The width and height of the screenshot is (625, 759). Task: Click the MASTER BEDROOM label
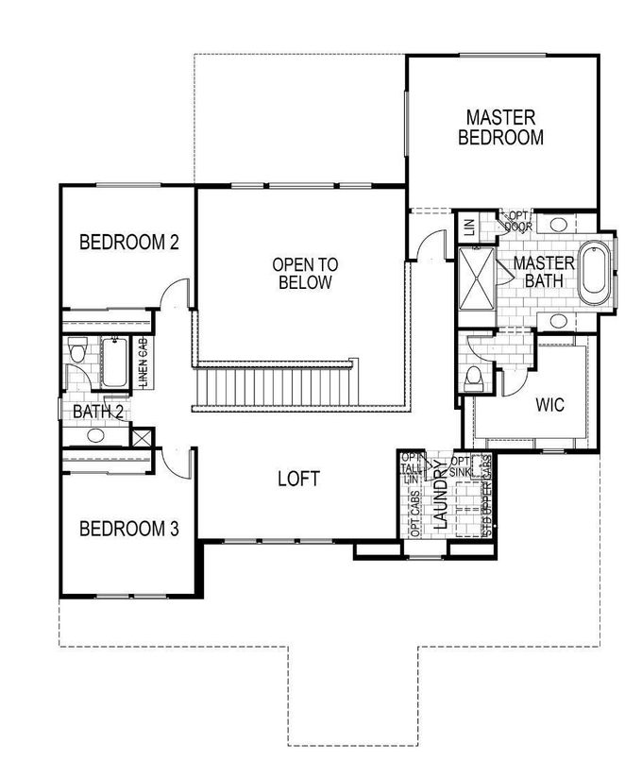(500, 127)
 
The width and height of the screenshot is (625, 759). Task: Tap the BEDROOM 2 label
(128, 242)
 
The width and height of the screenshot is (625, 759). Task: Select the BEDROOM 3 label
(128, 528)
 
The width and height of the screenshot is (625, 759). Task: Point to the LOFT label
(298, 479)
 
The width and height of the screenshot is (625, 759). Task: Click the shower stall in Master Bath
(478, 278)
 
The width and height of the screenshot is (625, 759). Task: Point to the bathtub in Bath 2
(114, 363)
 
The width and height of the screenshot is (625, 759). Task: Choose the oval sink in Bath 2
(94, 435)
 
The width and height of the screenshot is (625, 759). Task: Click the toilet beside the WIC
(475, 379)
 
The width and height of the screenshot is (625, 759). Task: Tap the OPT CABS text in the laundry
(416, 514)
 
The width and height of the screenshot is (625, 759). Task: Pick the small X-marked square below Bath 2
(143, 438)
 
